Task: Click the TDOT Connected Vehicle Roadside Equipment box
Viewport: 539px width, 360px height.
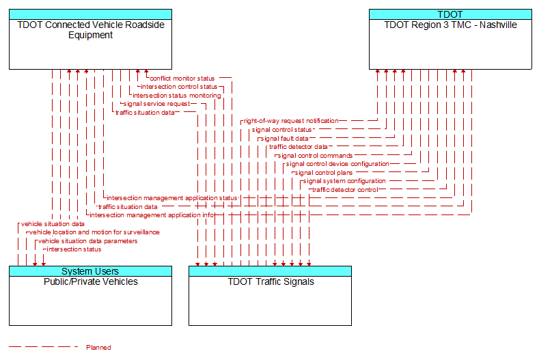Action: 90,39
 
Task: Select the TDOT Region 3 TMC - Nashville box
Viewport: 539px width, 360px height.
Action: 450,39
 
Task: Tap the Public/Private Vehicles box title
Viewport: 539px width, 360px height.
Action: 91,281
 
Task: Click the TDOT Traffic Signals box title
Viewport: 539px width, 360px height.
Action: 271,281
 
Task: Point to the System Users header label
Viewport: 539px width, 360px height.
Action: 90,271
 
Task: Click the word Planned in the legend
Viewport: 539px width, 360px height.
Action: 98,347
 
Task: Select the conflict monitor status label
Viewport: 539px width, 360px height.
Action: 182,79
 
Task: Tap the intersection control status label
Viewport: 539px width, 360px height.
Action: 179,87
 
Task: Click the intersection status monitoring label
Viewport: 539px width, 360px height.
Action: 177,95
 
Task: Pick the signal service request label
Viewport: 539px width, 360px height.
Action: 156,104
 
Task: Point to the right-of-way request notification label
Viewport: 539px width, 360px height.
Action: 291,121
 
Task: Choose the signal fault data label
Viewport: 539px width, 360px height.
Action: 285,139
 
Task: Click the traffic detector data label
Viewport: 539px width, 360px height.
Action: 299,147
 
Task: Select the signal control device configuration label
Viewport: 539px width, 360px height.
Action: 337,164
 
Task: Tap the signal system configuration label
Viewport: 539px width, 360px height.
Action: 344,181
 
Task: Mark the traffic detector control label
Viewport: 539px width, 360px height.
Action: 345,190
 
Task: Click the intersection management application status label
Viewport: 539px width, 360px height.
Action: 172,198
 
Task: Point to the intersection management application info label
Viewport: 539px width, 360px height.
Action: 152,215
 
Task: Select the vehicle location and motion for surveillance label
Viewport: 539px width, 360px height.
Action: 94,232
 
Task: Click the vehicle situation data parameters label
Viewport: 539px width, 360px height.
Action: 87,241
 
